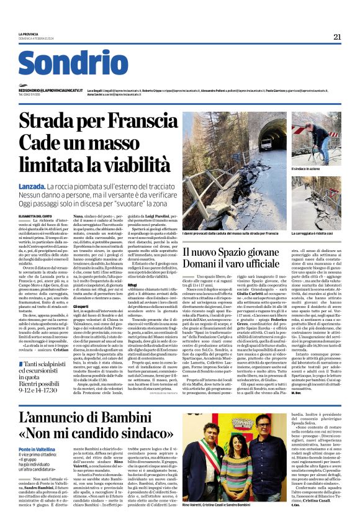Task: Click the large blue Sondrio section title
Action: [x=73, y=64]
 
